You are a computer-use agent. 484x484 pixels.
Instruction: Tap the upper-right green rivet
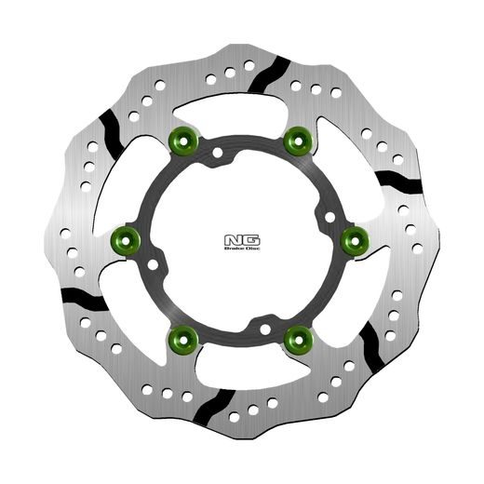[x=298, y=141]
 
